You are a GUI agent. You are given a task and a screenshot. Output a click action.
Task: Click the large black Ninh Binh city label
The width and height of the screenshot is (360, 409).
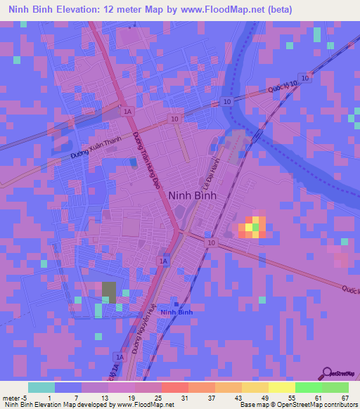[192, 197]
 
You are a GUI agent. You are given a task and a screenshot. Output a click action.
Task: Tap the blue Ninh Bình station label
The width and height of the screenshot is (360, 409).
[176, 312]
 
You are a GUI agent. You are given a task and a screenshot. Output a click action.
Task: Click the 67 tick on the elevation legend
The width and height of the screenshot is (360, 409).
[345, 398]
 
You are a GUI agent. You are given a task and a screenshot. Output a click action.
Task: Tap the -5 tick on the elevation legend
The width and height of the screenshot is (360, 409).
[25, 398]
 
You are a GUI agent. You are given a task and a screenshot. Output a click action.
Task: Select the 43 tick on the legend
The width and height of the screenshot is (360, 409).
[238, 398]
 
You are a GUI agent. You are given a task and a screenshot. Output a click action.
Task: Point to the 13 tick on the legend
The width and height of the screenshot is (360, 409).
[106, 398]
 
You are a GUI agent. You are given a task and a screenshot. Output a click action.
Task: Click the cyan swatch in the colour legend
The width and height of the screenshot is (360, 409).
[41, 387]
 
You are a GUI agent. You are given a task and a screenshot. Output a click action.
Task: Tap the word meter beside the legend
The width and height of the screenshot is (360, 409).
[11, 398]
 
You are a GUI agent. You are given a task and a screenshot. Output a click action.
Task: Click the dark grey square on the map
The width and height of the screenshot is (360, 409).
[109, 290]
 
